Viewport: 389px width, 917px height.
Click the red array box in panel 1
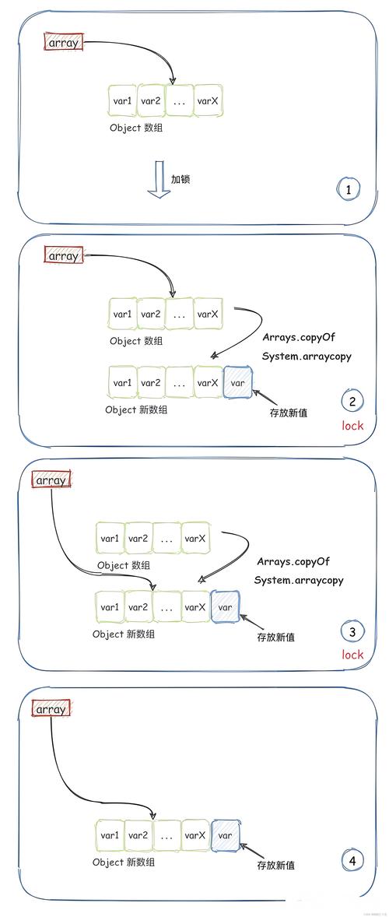(x=63, y=43)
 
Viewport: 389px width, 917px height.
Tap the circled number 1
(x=349, y=188)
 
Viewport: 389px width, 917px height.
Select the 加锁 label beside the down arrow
(x=180, y=179)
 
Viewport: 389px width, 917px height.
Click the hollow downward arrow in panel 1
(x=159, y=179)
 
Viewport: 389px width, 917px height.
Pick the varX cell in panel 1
(x=208, y=100)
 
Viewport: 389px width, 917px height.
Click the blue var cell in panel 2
(x=238, y=383)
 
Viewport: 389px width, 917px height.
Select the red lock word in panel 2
(x=352, y=426)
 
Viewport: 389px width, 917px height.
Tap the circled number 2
(x=352, y=402)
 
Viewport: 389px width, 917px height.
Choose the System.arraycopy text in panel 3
(x=298, y=580)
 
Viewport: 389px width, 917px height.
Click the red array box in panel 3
(x=51, y=480)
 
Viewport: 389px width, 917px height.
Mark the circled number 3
(x=352, y=632)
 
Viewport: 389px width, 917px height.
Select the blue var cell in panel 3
(x=225, y=606)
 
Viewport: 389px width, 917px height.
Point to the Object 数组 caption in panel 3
(x=124, y=565)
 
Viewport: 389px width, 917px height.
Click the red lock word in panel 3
(x=352, y=655)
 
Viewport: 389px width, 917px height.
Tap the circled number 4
(x=352, y=860)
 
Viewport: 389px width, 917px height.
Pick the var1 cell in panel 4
(x=110, y=835)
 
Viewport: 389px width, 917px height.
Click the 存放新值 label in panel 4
(x=275, y=865)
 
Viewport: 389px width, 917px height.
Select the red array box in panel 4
(x=51, y=709)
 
